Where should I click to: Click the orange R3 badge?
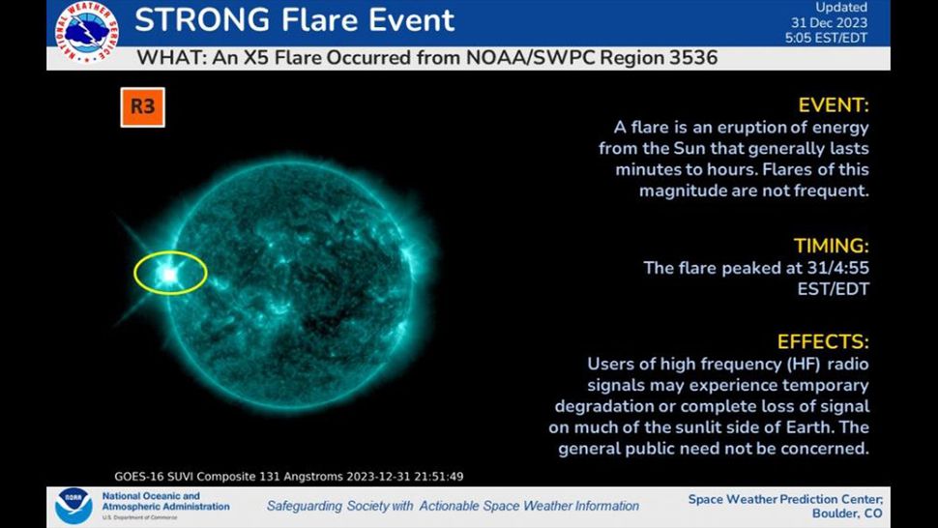pyautogui.click(x=142, y=107)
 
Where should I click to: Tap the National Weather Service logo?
pyautogui.click(x=87, y=32)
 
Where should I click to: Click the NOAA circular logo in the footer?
pyautogui.click(x=73, y=506)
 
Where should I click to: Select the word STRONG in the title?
pyautogui.click(x=201, y=20)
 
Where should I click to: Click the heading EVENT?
pyautogui.click(x=834, y=105)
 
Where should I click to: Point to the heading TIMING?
pyautogui.click(x=832, y=246)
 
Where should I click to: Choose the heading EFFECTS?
pyautogui.click(x=823, y=341)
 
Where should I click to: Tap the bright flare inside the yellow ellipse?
pyautogui.click(x=170, y=274)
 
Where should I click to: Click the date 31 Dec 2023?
pyautogui.click(x=829, y=22)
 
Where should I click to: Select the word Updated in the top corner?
pyautogui.click(x=841, y=7)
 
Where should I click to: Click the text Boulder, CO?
pyautogui.click(x=847, y=513)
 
